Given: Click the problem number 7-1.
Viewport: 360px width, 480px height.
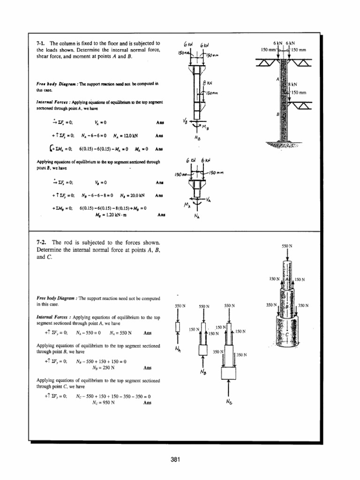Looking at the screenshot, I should pos(42,43).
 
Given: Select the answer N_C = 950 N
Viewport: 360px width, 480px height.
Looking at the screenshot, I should pos(104,402).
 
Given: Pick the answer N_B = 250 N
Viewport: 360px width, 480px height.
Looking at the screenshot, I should pos(104,368).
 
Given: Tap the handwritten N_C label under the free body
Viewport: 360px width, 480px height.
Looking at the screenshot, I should pos(229,402).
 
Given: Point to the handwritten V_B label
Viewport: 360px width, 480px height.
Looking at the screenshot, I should pos(185,121).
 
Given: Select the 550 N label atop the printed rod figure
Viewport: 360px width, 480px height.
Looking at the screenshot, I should pos(287,246).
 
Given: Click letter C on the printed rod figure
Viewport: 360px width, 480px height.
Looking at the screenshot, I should pos(286,336).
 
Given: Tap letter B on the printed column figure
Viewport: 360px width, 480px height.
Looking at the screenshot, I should pos(277,114).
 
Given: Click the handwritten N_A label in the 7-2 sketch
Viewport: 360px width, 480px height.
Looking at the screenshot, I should pos(178,349).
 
